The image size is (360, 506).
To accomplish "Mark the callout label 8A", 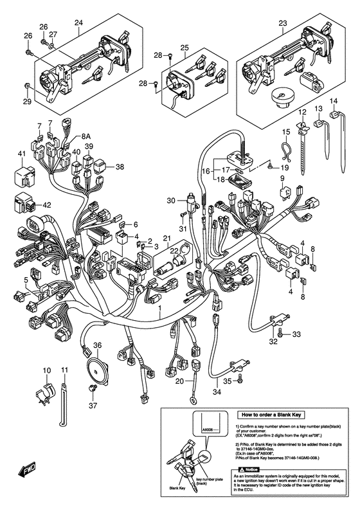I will (x=87, y=136).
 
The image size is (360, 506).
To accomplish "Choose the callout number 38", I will (x=120, y=167).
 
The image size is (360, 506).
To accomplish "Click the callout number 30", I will (x=171, y=201).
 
